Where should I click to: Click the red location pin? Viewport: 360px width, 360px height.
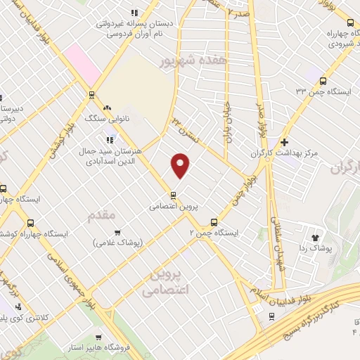point(181,166)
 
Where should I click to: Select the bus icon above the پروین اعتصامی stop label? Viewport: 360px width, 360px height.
point(173,195)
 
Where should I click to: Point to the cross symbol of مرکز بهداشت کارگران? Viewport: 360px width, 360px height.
point(284,141)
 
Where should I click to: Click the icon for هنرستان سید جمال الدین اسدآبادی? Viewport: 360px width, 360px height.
point(110,138)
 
